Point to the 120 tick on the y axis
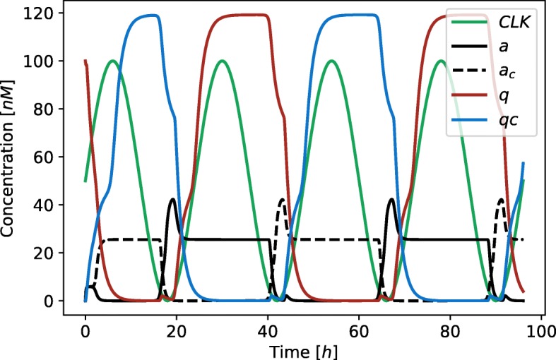pyautogui.click(x=47, y=13)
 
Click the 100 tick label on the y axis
pyautogui.click(x=47, y=61)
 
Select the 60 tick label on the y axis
pyautogui.click(x=50, y=157)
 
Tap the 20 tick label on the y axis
pyautogui.click(x=50, y=253)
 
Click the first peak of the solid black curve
pyautogui.click(x=172, y=200)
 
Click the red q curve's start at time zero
pyautogui.click(x=85, y=61)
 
